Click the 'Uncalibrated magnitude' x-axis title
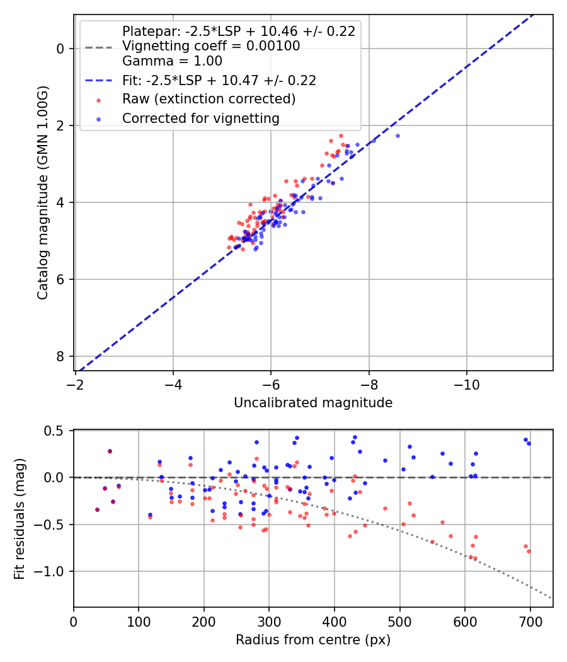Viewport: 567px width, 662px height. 313,403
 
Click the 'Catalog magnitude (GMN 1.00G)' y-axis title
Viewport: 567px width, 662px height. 42,192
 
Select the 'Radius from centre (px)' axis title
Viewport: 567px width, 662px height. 313,640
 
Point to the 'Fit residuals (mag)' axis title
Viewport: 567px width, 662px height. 20,518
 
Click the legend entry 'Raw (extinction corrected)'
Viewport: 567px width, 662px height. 209,99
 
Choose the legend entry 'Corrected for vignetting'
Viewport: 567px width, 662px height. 200,119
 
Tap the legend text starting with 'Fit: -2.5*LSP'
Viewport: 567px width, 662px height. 219,80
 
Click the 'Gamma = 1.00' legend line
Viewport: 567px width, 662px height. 172,61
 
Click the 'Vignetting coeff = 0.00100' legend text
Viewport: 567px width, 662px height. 211,46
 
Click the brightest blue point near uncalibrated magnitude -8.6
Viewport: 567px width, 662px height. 398,136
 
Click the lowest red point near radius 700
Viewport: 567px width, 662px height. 529,551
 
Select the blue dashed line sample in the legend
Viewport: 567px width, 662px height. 98,81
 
